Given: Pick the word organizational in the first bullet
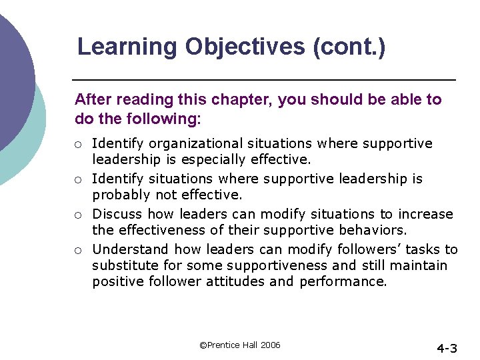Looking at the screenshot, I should (197, 144).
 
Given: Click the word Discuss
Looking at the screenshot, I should (117, 215).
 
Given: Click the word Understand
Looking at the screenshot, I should (131, 250).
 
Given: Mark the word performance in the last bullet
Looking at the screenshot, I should (343, 281).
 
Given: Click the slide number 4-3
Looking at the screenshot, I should (447, 348).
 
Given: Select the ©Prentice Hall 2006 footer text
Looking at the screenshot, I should (240, 345).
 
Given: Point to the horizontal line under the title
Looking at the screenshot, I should (263, 80).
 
